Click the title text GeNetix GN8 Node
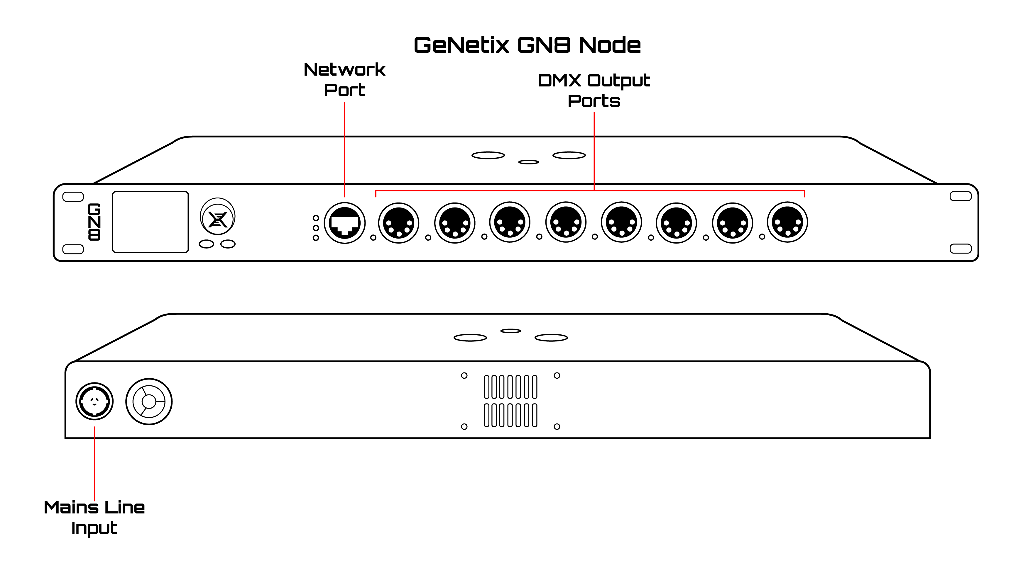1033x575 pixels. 527,45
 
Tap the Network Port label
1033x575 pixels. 344,80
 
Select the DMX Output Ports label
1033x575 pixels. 594,91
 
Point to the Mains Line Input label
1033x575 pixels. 94,517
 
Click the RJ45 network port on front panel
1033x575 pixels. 344,223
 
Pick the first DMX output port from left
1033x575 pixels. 399,223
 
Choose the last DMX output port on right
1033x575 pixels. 787,222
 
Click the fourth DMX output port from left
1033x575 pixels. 566,222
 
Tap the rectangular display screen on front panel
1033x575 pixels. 151,222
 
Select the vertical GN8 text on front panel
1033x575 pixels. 94,222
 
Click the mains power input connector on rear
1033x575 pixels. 95,401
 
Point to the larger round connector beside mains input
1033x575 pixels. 149,402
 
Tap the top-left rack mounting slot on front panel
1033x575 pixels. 73,197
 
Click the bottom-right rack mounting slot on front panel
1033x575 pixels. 961,249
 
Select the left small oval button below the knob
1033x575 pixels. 207,244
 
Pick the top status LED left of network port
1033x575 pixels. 316,218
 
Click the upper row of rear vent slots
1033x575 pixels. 510,387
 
